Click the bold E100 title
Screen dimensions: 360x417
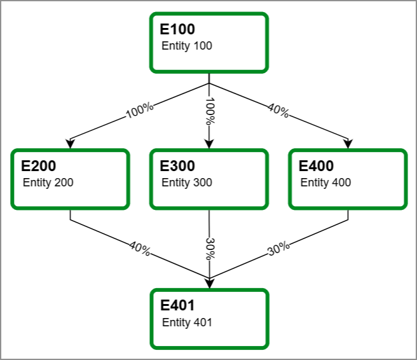[177, 29]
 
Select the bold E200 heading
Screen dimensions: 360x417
[39, 166]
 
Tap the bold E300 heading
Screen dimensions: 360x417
[178, 166]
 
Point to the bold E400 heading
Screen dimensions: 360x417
[317, 166]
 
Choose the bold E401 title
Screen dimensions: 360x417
[177, 306]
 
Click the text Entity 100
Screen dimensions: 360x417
[187, 46]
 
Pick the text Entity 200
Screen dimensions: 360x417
[48, 183]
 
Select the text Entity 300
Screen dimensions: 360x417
[187, 183]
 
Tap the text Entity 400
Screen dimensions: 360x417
[325, 183]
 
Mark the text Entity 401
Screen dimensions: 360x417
[187, 322]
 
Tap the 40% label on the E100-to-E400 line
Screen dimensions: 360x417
[278, 111]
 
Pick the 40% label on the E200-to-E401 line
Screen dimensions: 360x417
[140, 249]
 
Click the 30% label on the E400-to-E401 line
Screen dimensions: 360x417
[278, 249]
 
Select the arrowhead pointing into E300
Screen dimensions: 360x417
[209, 144]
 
